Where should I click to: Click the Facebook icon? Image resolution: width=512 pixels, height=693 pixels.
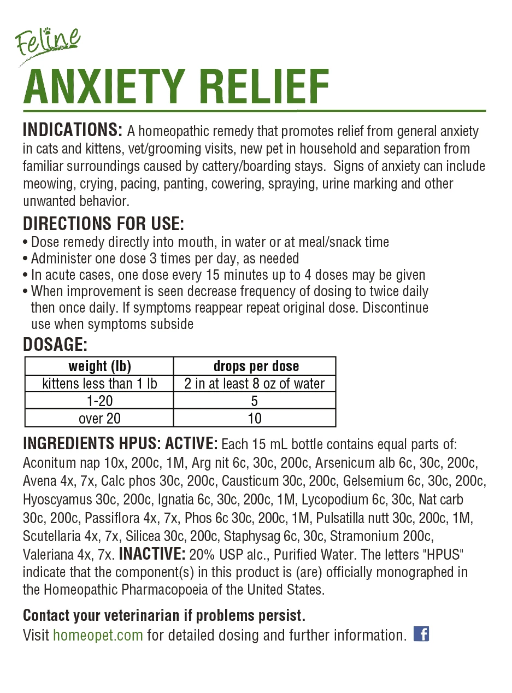[421, 634]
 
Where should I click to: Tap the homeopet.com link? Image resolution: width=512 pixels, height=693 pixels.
[98, 635]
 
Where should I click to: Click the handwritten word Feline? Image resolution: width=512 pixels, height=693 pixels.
[48, 43]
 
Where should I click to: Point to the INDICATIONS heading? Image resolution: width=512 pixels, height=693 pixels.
[73, 131]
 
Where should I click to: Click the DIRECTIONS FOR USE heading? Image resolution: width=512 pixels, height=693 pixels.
[103, 224]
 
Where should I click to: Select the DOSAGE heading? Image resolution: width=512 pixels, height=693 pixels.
[55, 345]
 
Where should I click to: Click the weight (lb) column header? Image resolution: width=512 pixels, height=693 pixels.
[99, 366]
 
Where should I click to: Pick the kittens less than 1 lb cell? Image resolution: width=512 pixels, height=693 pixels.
[99, 384]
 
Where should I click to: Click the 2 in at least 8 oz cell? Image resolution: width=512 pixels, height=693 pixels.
[255, 384]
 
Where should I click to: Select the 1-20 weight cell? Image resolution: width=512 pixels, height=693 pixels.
[99, 401]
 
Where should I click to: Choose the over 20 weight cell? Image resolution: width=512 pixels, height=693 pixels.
[99, 419]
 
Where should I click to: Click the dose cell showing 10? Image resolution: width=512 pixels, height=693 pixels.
[255, 419]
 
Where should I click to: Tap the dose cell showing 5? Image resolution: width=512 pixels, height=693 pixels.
[255, 401]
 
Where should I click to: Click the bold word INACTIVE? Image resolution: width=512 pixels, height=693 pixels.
[152, 554]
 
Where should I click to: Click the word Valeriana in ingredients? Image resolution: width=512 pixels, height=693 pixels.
[48, 555]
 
